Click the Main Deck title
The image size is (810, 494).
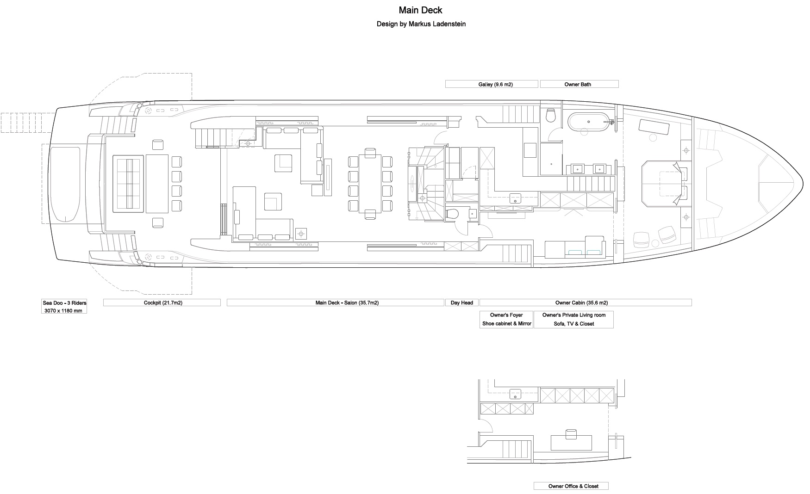[x=420, y=10]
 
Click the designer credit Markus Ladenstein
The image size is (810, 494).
[x=437, y=24]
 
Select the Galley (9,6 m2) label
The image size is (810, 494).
[x=495, y=85]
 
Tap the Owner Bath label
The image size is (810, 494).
[x=578, y=85]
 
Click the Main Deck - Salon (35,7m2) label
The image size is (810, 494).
[x=347, y=303]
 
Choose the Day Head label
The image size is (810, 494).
[x=462, y=303]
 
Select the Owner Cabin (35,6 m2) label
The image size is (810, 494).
[x=581, y=303]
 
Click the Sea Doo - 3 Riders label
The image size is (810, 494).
[x=64, y=303]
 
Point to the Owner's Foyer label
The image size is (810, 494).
[x=506, y=315]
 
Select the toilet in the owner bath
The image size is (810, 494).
[x=551, y=115]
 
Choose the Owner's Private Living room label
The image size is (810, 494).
[x=573, y=315]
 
